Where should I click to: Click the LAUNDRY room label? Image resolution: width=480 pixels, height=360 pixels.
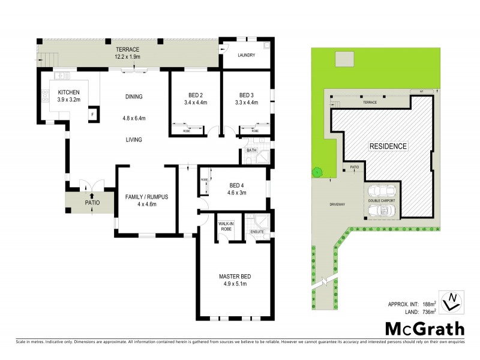click(x=247, y=56)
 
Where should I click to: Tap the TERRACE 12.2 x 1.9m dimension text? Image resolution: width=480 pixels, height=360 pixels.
click(x=128, y=56)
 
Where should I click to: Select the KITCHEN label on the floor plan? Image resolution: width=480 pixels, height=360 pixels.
click(x=68, y=92)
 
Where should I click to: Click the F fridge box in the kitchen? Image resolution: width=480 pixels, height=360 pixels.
click(x=92, y=114)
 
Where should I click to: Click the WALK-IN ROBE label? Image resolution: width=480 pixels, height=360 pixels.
click(x=226, y=227)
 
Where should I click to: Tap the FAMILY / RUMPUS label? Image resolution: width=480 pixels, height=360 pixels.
click(x=146, y=197)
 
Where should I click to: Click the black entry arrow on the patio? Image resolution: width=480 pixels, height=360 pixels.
click(x=91, y=195)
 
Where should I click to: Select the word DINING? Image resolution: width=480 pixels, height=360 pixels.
click(x=134, y=97)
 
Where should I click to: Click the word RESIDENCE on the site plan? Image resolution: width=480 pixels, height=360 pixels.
click(x=388, y=146)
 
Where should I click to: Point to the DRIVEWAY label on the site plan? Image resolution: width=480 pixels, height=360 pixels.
click(x=337, y=204)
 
